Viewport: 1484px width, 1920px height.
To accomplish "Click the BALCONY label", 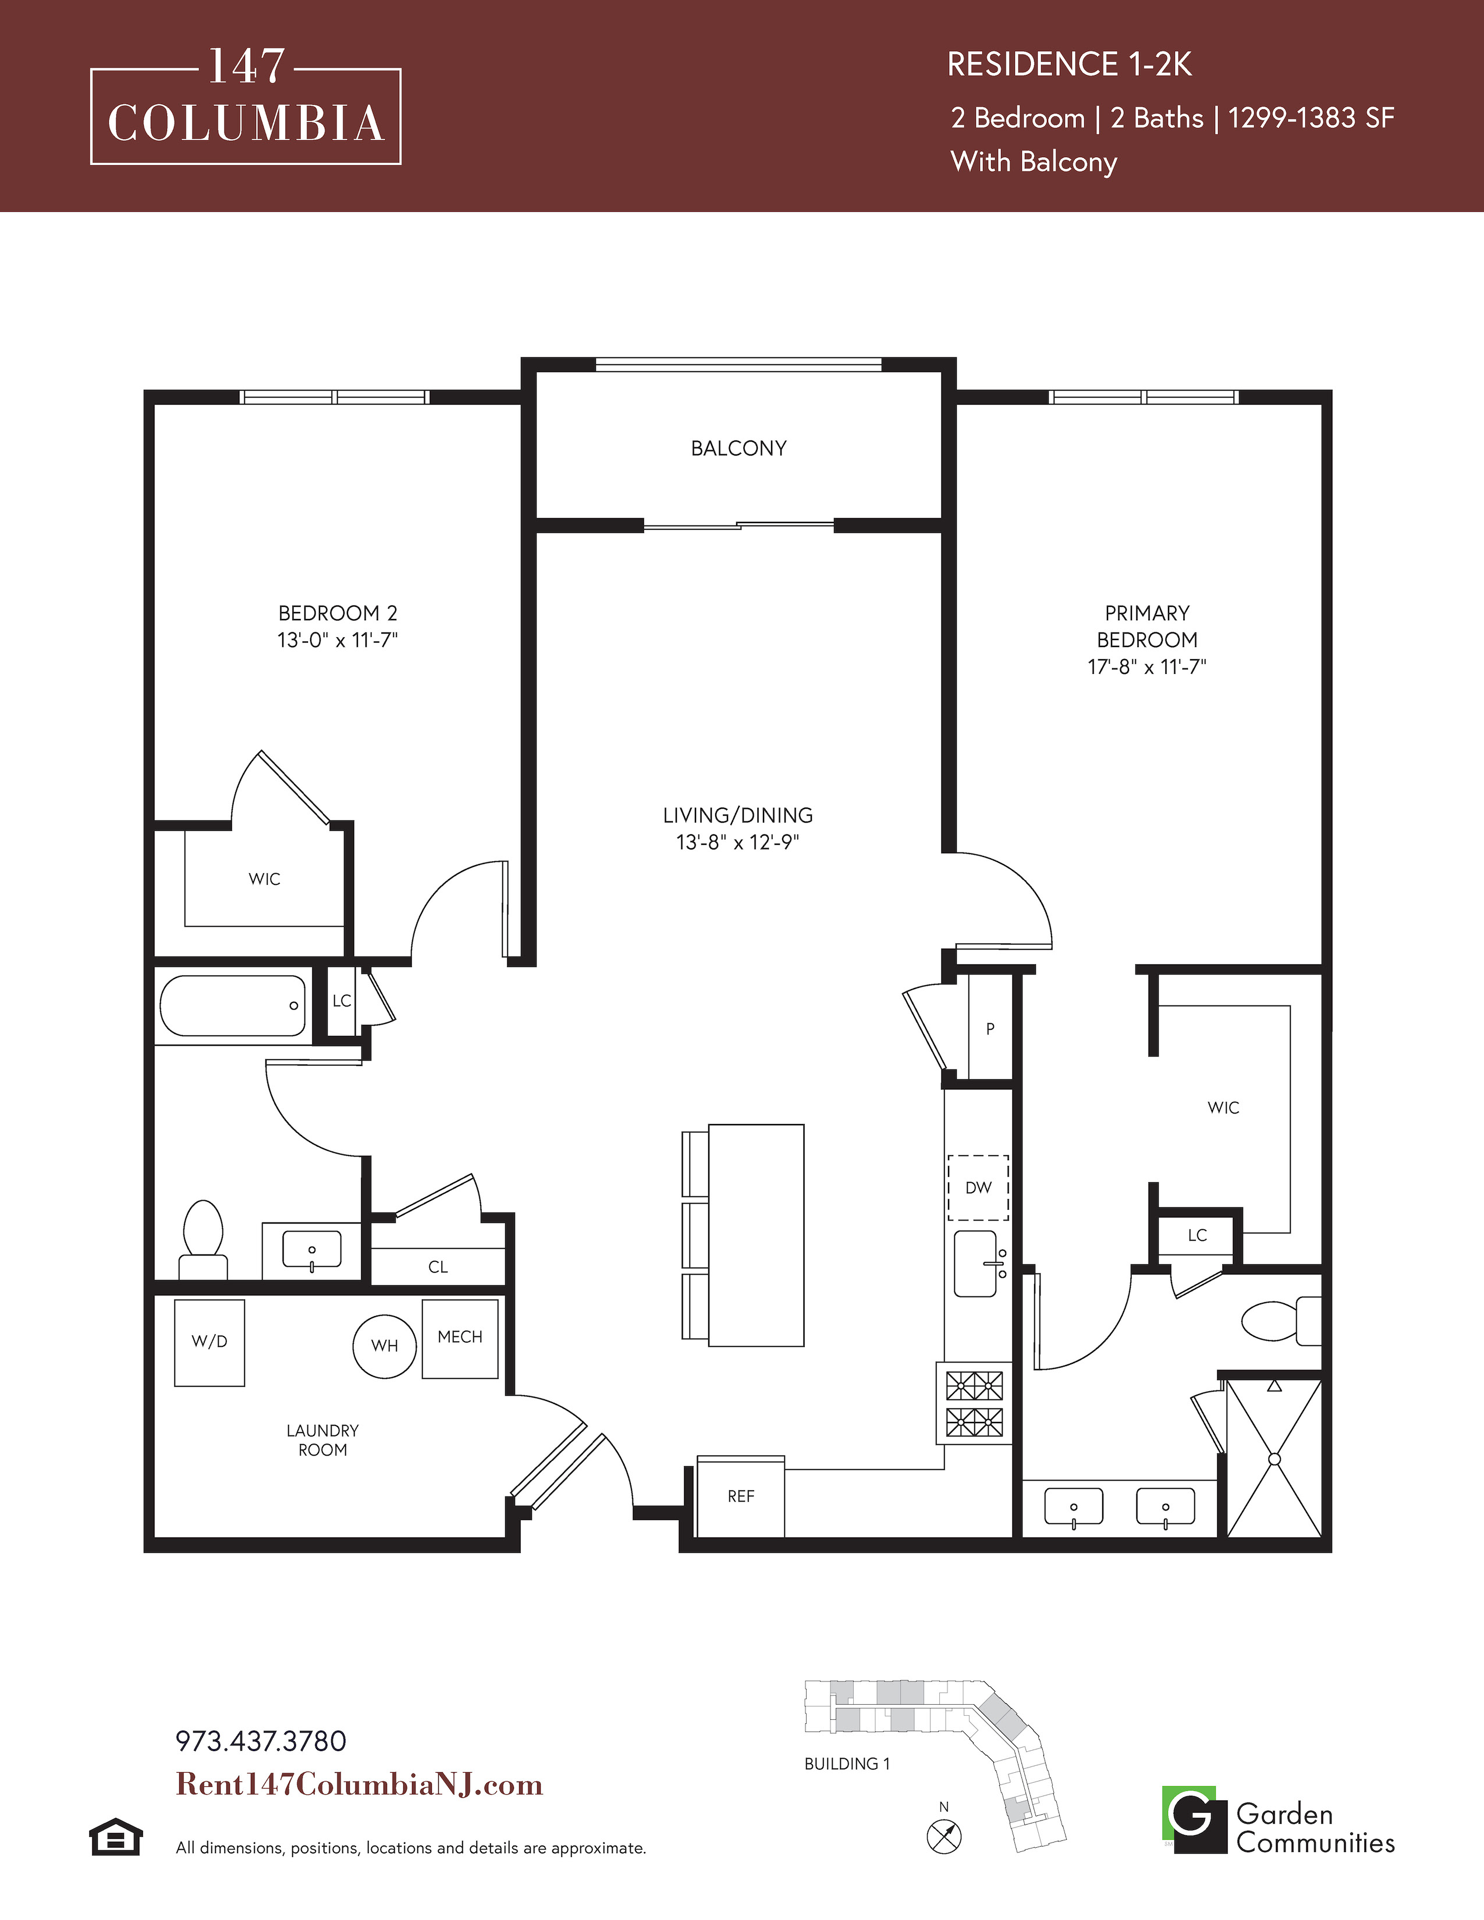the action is click(739, 449).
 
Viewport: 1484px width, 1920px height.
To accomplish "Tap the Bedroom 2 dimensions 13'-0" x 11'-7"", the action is click(338, 640).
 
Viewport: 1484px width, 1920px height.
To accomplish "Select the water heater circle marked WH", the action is click(384, 1346).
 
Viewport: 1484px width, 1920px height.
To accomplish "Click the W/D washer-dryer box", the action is click(210, 1342).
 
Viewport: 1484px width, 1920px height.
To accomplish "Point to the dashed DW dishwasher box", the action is click(978, 1187).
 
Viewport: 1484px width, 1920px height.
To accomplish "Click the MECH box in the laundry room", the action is click(460, 1338).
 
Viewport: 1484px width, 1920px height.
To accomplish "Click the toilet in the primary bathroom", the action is click(1281, 1321).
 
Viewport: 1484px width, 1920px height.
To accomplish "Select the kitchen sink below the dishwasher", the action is click(977, 1263).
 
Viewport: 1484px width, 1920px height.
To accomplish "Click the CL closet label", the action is click(438, 1267).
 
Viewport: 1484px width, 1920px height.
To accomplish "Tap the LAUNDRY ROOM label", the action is click(322, 1440).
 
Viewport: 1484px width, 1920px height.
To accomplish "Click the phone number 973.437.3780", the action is click(261, 1741).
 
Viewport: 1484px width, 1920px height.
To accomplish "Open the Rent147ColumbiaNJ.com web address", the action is click(360, 1784).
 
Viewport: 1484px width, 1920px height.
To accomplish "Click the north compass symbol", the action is click(944, 1836).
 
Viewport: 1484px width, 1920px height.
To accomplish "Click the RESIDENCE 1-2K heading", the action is click(1069, 64).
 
